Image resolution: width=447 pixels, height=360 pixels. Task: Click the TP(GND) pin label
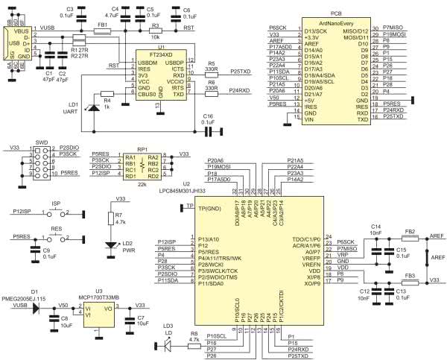pos(211,205)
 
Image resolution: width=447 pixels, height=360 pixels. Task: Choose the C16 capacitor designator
pos(208,117)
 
